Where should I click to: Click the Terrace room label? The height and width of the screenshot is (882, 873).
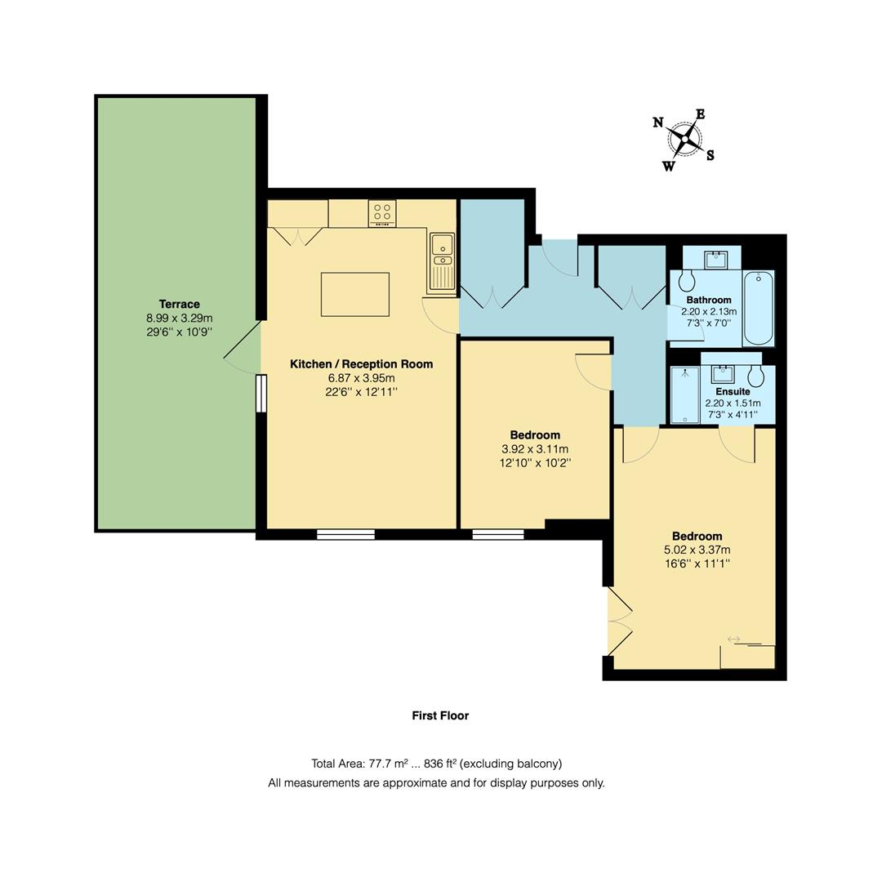coord(179,304)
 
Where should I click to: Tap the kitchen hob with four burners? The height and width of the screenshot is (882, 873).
coord(381,213)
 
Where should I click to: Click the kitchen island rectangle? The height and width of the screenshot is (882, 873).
coord(354,294)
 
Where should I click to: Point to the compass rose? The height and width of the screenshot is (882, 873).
coord(684,140)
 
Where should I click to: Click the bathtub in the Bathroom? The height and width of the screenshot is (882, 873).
coord(759,309)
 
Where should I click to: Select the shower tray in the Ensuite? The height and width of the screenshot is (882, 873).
coord(684,395)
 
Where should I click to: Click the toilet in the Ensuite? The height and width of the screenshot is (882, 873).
coord(756,376)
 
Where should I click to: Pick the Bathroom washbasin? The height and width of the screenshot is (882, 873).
coord(717,258)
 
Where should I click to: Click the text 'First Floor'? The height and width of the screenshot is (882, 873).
coord(440,715)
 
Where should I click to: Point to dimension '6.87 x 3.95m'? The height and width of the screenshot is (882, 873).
coord(361,378)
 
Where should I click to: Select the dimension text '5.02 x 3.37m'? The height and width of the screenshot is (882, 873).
coord(697,550)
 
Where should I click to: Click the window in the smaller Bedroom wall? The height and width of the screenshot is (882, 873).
coord(498,535)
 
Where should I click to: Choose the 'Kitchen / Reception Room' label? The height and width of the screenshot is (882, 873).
coord(361,364)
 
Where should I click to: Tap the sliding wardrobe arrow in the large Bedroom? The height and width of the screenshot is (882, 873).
coord(733,639)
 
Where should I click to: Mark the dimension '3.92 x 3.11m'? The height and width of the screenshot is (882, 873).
coord(535,449)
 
